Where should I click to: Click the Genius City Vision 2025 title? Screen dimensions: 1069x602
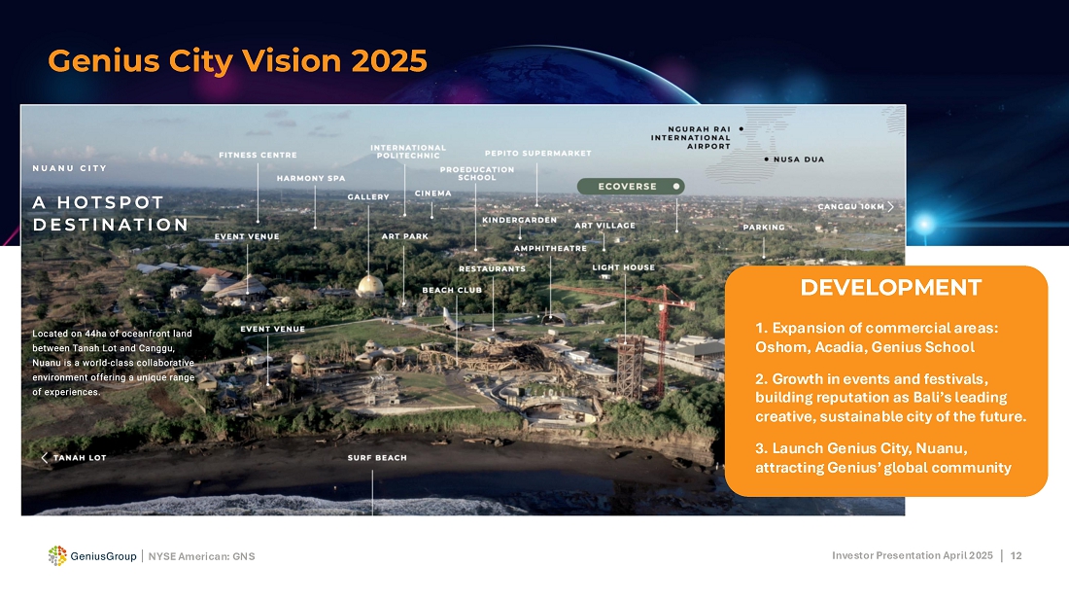click(x=237, y=60)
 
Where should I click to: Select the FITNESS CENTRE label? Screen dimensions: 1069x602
click(x=258, y=155)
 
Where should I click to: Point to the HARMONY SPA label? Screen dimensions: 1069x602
click(x=311, y=178)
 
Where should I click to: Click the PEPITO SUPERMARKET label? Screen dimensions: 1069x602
click(x=538, y=153)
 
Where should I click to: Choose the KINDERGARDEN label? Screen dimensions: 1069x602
click(x=520, y=220)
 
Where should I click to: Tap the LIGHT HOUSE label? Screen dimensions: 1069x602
click(x=623, y=267)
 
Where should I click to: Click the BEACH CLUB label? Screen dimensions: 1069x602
click(x=452, y=290)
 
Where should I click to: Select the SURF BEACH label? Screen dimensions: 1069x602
click(x=377, y=457)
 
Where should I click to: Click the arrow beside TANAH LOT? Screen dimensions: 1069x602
click(x=45, y=457)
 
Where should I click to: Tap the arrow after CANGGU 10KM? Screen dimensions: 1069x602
click(x=890, y=206)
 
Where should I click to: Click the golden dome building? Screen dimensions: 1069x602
click(x=370, y=285)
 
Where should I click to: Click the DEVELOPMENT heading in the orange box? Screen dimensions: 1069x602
click(x=890, y=287)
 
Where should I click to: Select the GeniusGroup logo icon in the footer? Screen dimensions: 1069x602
click(x=57, y=555)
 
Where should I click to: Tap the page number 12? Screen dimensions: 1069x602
click(x=1016, y=555)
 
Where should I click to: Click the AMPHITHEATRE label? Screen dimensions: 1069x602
click(x=550, y=248)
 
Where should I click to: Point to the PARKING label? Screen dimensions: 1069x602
click(x=764, y=228)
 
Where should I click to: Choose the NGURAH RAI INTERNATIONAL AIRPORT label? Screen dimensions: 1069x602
click(x=691, y=137)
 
